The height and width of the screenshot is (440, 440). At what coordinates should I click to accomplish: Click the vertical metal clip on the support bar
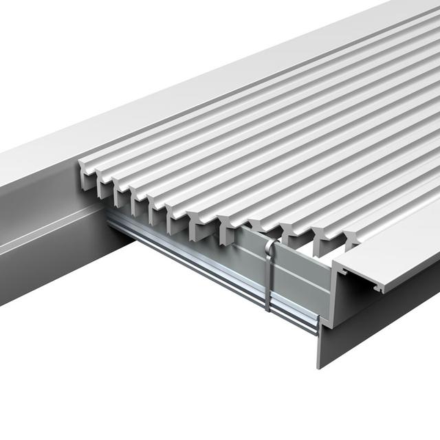click(267, 275)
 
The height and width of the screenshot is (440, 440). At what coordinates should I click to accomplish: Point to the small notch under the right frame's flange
click(377, 289)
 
